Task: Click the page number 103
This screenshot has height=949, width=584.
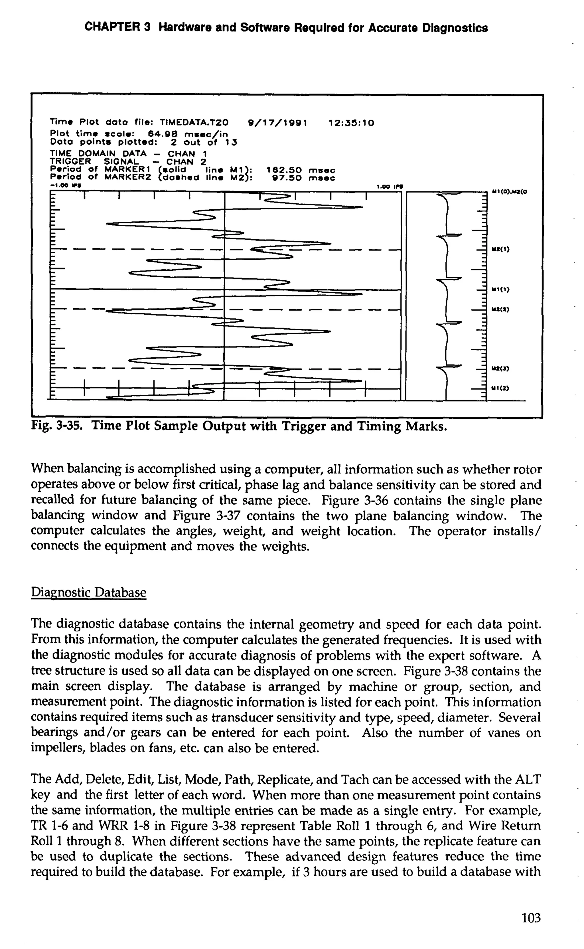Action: (531, 918)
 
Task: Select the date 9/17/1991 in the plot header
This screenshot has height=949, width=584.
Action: (277, 123)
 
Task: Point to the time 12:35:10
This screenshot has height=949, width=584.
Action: (351, 123)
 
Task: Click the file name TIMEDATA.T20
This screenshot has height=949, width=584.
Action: (194, 123)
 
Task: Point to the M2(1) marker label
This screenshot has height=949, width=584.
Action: (500, 249)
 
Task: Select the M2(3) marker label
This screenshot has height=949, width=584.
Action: (500, 369)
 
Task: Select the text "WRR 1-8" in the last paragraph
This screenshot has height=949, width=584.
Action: (123, 826)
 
